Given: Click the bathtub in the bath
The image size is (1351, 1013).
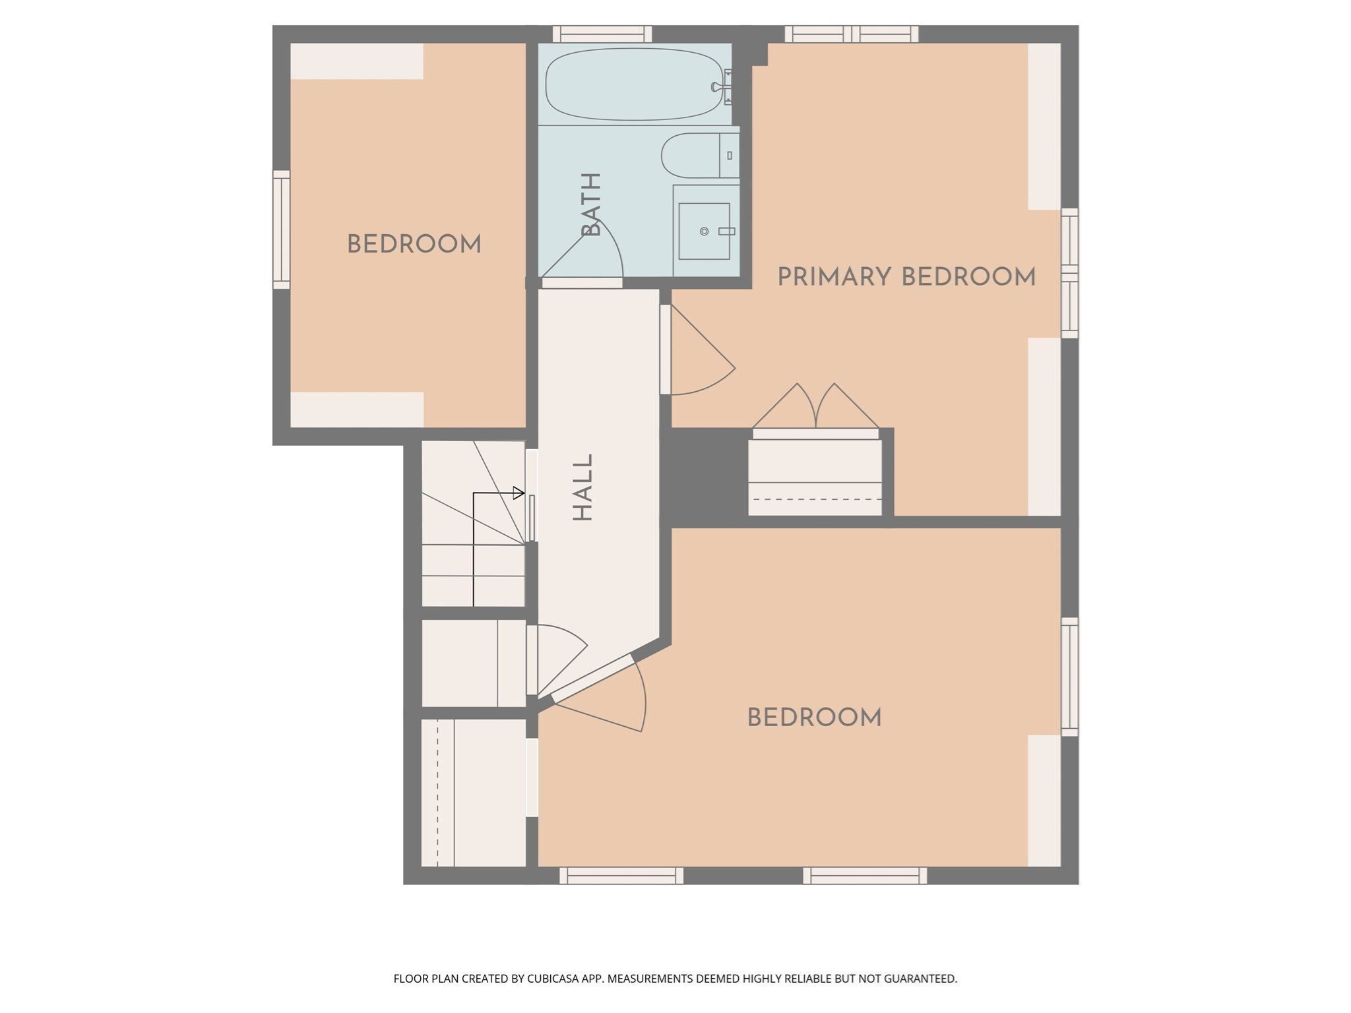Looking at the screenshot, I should tap(633, 84).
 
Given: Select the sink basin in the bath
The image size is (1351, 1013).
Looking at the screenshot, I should tap(704, 231).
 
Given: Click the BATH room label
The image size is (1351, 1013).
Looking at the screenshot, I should tap(591, 204).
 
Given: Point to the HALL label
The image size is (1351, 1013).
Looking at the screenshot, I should tap(583, 487).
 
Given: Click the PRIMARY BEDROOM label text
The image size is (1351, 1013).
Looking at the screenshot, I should tap(906, 277).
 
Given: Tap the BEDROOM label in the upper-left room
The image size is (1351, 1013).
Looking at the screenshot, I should tap(414, 245).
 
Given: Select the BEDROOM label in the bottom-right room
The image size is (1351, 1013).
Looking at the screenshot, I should tap(814, 718).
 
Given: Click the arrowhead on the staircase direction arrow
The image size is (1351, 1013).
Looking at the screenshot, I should tap(519, 493).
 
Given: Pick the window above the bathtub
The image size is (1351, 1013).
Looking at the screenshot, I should tap(602, 34).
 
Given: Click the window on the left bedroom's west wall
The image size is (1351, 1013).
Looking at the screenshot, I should tap(281, 230).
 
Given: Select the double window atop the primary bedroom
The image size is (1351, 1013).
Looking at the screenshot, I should tap(852, 34).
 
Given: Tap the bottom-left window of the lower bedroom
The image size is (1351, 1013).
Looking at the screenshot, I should tap(621, 875).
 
